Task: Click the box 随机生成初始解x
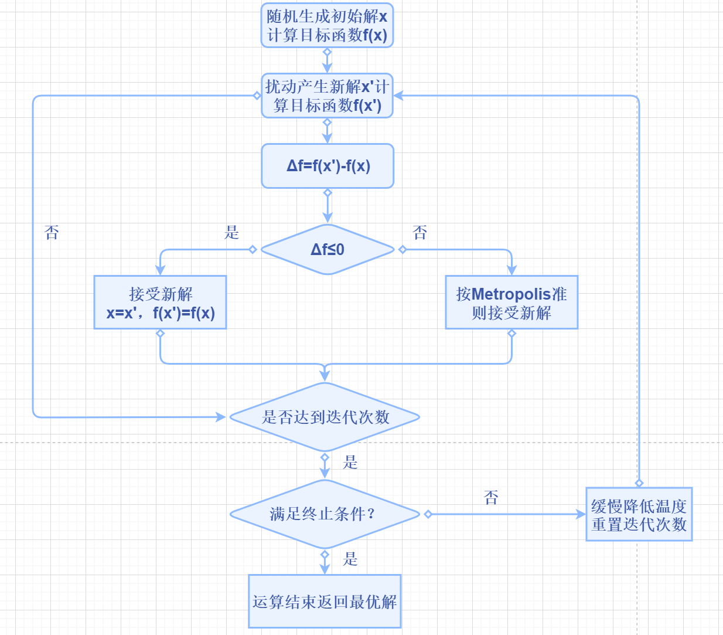[327, 25]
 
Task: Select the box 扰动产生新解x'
[327, 96]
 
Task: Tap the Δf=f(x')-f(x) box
[328, 166]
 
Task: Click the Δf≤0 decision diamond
[328, 250]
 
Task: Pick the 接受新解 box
[160, 303]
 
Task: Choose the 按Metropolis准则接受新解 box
[511, 303]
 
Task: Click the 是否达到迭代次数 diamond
[325, 417]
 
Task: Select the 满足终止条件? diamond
[325, 514]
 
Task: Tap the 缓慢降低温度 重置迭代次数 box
[639, 514]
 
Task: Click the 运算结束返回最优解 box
[325, 602]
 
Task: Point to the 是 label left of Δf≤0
[232, 232]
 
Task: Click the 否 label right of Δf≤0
[420, 233]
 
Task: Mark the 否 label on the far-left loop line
[52, 233]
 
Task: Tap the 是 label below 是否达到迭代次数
[350, 462]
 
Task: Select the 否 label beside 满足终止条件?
[491, 498]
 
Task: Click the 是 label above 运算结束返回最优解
[350, 559]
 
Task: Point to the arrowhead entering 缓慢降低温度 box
[581, 514]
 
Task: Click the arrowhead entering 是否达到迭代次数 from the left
[221, 417]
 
